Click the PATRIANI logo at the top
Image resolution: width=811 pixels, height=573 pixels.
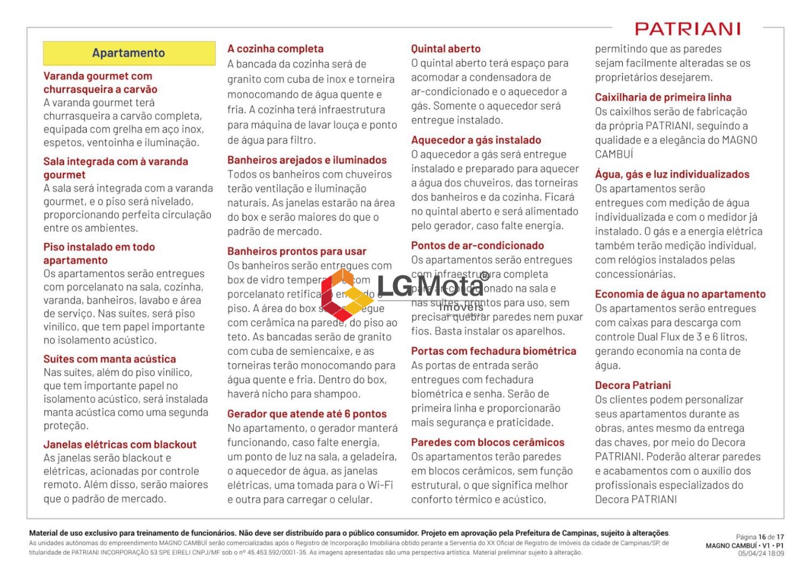pyautogui.click(x=687, y=29)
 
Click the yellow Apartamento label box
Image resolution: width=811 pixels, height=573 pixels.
pyautogui.click(x=129, y=53)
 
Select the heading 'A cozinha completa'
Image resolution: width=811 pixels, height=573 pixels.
pyautogui.click(x=275, y=49)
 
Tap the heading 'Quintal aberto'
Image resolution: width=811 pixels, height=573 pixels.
pyautogui.click(x=446, y=49)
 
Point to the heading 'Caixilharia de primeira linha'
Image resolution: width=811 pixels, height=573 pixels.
pyautogui.click(x=663, y=97)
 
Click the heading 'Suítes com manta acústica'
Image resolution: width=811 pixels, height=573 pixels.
pyautogui.click(x=109, y=359)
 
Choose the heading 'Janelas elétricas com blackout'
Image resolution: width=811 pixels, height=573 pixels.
pyautogui.click(x=119, y=444)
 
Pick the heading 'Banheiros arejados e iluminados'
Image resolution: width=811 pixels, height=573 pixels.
pyautogui.click(x=307, y=160)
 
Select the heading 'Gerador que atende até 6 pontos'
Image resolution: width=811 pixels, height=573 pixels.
pyautogui.click(x=307, y=414)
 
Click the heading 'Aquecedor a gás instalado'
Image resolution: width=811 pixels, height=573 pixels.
pyautogui.click(x=476, y=140)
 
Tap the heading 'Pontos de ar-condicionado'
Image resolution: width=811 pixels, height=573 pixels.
pyautogui.click(x=477, y=246)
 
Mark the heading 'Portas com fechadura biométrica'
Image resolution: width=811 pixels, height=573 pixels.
pyautogui.click(x=494, y=351)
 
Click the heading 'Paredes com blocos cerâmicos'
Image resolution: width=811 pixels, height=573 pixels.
pyautogui.click(x=487, y=442)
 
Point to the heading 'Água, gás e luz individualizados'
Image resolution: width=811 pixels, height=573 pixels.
pyautogui.click(x=672, y=174)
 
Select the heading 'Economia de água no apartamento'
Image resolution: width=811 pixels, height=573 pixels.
pyautogui.click(x=680, y=294)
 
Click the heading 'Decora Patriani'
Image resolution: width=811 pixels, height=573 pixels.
pyautogui.click(x=633, y=386)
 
